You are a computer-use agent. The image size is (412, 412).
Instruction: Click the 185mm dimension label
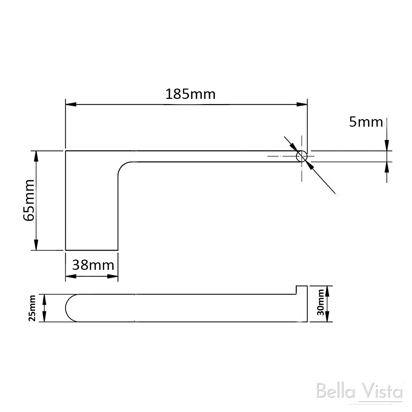point(190,94)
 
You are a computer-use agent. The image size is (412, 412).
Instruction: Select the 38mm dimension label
point(93,265)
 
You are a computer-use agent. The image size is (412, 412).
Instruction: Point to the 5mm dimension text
point(365,122)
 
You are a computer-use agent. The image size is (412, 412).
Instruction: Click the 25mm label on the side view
point(32,308)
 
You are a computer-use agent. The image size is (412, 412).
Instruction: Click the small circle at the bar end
point(301,156)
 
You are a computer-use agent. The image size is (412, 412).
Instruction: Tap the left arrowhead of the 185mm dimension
point(70,104)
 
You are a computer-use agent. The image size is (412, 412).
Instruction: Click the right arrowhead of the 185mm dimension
point(302,104)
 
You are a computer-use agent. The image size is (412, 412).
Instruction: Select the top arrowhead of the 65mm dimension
point(35,156)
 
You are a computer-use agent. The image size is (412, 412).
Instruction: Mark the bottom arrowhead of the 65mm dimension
point(35,245)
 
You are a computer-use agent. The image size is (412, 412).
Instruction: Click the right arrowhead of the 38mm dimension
point(114,276)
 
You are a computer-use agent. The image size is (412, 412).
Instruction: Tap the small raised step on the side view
point(301,290)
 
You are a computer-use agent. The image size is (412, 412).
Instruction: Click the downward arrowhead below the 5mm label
point(387,145)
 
